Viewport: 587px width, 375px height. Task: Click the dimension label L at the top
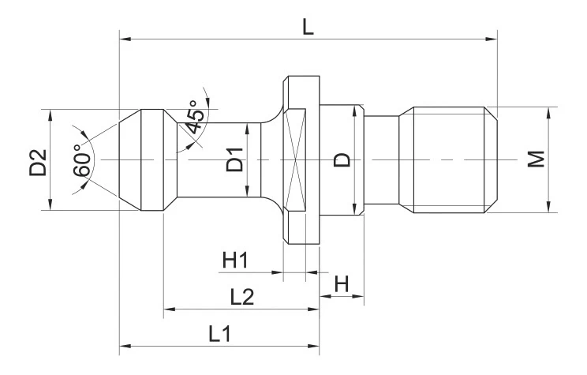pyautogui.click(x=308, y=25)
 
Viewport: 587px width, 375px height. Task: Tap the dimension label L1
pyautogui.click(x=220, y=334)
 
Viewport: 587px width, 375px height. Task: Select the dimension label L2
pyautogui.click(x=241, y=298)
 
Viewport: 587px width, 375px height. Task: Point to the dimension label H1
pyautogui.click(x=235, y=260)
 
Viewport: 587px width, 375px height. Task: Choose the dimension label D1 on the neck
pyautogui.click(x=234, y=160)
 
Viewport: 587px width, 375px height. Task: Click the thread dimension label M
pyautogui.click(x=537, y=159)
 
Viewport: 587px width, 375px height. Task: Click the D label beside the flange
pyautogui.click(x=342, y=160)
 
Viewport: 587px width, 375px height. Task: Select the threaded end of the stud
pyautogui.click(x=450, y=160)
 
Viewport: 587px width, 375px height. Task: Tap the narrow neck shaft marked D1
pyautogui.click(x=213, y=160)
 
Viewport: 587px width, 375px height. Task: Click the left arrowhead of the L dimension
pyautogui.click(x=122, y=36)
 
